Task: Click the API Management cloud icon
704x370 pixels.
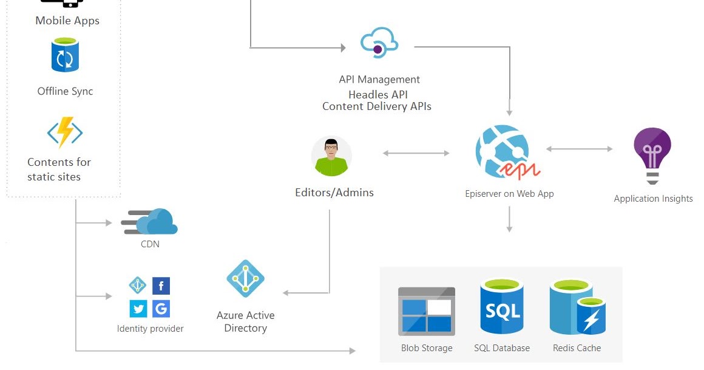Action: pos(379,43)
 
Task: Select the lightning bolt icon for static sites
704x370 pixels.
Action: pos(65,132)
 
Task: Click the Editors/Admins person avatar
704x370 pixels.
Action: pos(331,156)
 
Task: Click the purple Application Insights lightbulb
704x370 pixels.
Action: pos(652,155)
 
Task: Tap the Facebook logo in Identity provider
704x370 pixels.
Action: pos(161,286)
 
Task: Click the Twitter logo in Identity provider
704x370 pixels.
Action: pos(139,309)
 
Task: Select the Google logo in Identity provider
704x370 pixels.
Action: pos(161,309)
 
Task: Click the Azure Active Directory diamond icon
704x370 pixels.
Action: pos(246,279)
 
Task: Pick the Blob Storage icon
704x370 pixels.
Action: pos(427,312)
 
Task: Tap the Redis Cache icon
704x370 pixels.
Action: pos(577,308)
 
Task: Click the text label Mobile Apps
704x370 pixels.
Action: pos(67,21)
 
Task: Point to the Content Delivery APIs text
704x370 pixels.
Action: pos(377,106)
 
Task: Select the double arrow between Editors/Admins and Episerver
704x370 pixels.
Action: pos(416,153)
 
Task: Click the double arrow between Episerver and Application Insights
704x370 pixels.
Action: pos(580,149)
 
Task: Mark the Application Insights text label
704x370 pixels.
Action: pos(653,199)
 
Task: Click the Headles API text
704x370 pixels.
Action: pos(377,94)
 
